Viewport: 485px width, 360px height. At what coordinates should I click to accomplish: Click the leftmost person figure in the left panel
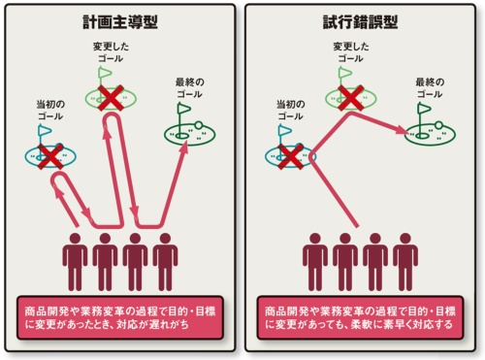pyautogui.click(x=75, y=259)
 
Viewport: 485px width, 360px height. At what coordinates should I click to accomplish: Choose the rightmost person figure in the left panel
pyautogui.click(x=166, y=259)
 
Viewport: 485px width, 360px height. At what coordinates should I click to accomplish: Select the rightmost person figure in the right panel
pyautogui.click(x=406, y=259)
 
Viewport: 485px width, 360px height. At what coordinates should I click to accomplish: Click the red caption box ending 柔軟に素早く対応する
pyautogui.click(x=361, y=319)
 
